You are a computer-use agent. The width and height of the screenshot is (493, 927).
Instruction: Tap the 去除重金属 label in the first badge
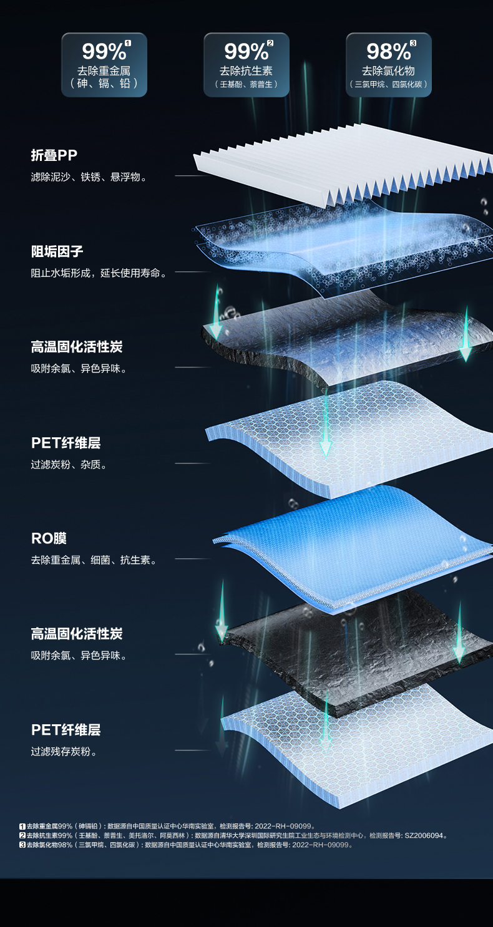tap(104, 70)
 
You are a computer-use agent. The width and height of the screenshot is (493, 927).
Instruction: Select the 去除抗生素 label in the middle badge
tap(246, 70)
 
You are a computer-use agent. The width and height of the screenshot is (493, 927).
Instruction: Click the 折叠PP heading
tap(54, 155)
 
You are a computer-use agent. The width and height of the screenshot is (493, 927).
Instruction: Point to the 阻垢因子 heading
tap(57, 251)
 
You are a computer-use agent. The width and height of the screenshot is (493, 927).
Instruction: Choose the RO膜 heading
tap(49, 538)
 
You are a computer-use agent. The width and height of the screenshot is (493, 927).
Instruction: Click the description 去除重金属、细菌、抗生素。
tap(94, 560)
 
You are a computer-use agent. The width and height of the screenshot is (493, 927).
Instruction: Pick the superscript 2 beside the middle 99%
tap(270, 43)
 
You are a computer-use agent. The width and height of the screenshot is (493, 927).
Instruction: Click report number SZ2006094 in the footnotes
tap(426, 835)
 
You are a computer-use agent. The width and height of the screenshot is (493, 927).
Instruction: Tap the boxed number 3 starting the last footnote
tap(22, 845)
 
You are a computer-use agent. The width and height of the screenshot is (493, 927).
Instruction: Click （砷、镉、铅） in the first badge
tap(104, 84)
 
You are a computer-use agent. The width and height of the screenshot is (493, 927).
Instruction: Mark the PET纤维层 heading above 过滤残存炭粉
tap(66, 730)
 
